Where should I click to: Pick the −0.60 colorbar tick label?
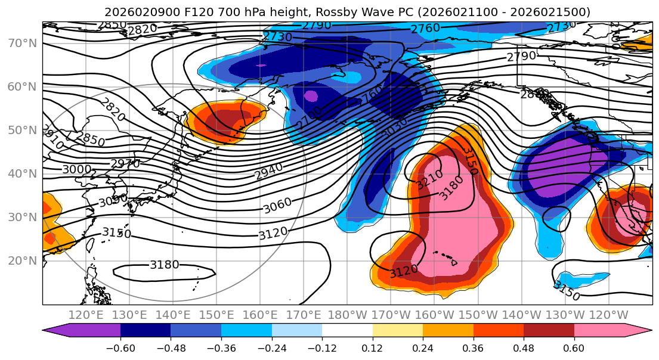click(120, 348)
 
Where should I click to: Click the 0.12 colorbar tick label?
click(372, 348)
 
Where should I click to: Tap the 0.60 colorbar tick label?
click(574, 348)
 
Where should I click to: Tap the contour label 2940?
click(268, 172)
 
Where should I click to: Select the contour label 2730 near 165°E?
click(277, 37)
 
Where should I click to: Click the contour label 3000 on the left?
click(77, 169)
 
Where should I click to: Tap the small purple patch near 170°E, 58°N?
click(311, 95)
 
